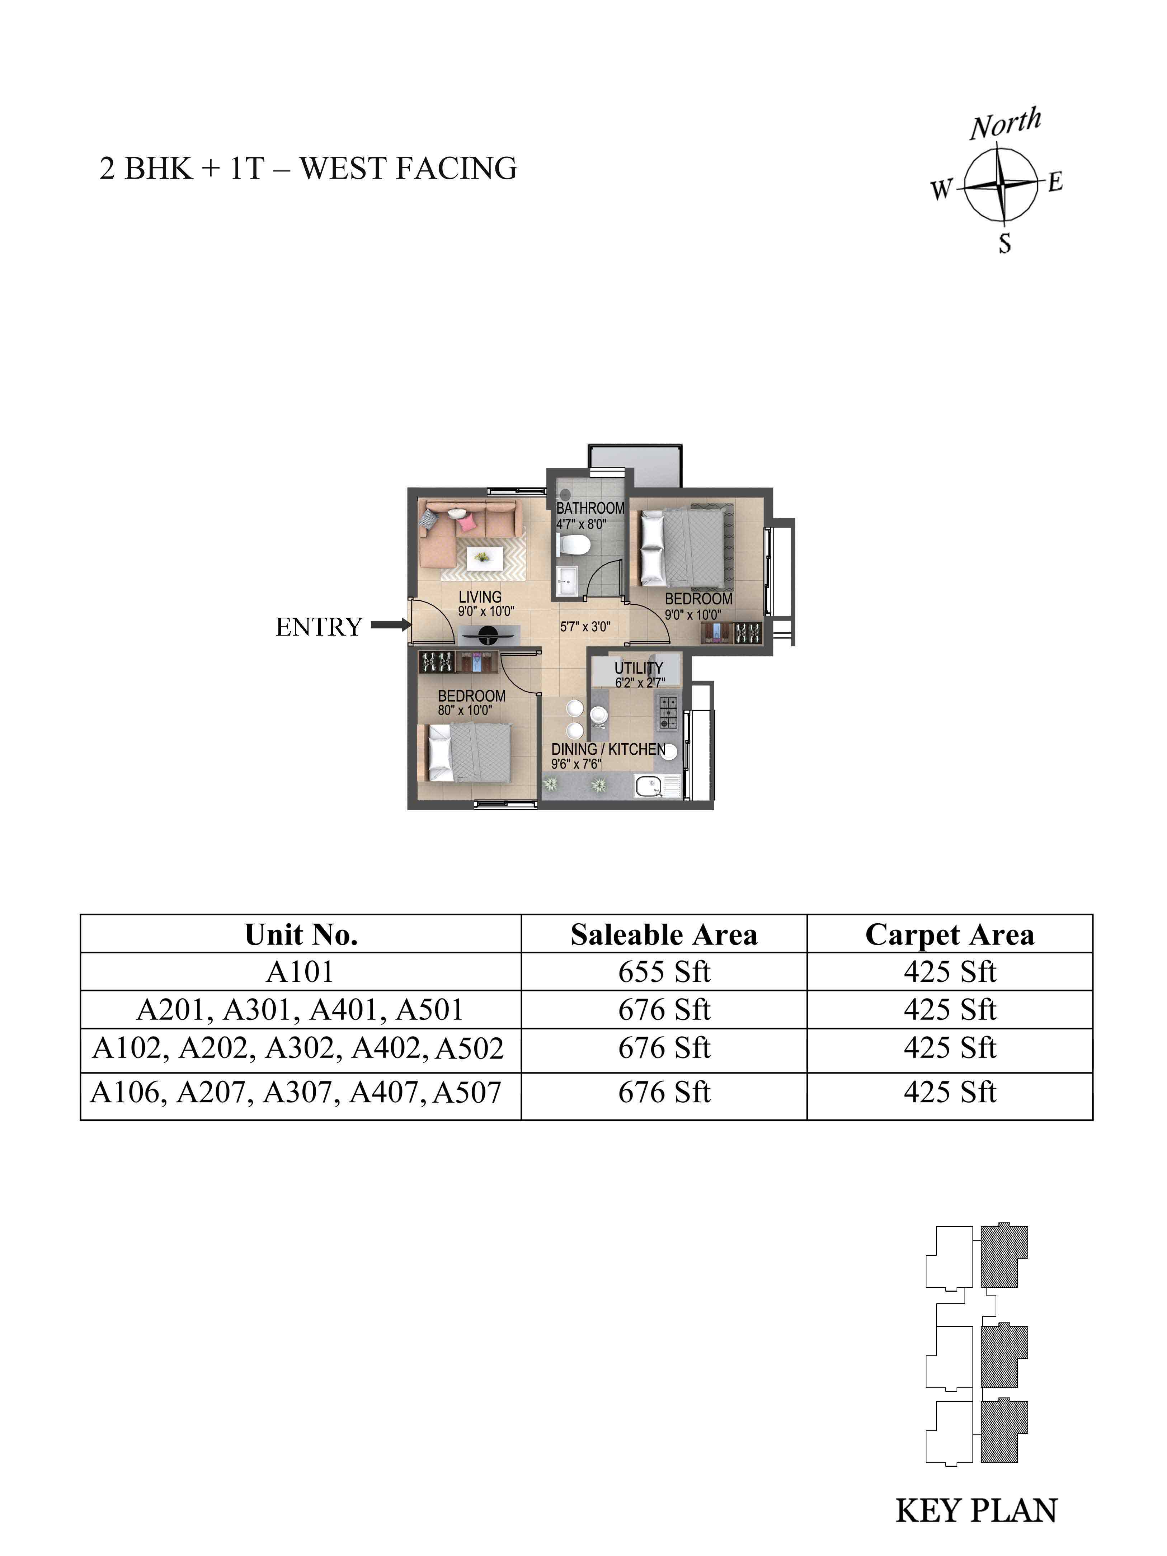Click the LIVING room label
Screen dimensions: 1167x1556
click(480, 597)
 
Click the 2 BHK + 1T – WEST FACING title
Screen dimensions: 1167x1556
click(308, 169)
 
